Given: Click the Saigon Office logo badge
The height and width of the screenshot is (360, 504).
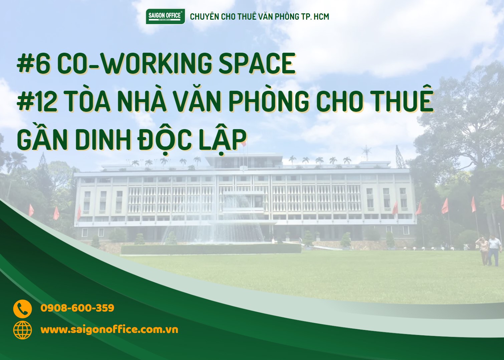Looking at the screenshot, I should click(165, 16).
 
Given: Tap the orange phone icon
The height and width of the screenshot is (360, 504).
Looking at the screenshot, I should click(22, 309).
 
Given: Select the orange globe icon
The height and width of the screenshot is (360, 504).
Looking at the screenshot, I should click(22, 330).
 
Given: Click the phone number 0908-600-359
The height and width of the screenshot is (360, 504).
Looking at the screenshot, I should click(77, 308).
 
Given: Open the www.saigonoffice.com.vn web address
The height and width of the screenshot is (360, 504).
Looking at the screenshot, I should click(109, 330).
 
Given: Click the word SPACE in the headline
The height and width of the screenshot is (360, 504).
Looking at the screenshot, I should click(257, 63).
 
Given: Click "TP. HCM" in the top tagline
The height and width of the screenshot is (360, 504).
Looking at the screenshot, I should click(315, 16).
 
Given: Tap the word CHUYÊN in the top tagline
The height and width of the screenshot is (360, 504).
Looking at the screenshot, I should click(204, 16).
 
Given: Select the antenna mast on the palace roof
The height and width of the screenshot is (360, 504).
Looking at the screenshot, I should click(366, 153).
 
